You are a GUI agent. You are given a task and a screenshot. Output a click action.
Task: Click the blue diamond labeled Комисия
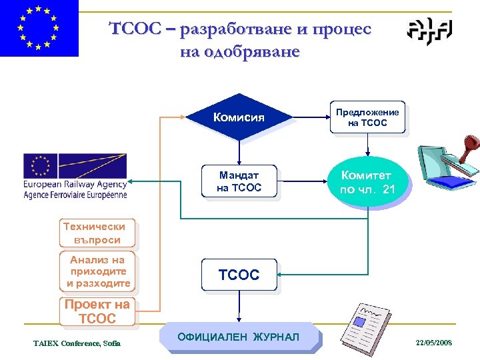(239, 117)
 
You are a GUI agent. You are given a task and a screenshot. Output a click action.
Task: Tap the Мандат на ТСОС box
(239, 181)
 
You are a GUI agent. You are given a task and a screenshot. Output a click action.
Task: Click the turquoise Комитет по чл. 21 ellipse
(368, 182)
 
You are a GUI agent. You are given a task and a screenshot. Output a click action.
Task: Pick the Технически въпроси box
(97, 233)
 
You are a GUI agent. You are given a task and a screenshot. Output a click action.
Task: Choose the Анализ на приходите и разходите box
(97, 271)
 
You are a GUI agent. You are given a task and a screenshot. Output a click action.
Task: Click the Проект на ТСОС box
(97, 312)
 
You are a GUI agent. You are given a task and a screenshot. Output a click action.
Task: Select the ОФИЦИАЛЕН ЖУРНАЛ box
(239, 337)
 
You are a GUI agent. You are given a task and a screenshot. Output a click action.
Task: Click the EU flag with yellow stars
(39, 28)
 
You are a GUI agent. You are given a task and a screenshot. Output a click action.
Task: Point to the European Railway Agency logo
(75, 177)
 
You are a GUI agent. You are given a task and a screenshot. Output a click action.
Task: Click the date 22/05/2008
(433, 342)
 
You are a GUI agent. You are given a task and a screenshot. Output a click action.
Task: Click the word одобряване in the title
(240, 51)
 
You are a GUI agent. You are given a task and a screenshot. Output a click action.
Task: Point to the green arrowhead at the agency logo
(132, 181)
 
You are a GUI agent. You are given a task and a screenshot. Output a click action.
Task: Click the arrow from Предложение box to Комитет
(367, 145)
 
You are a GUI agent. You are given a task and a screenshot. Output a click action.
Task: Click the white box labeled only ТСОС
(239, 275)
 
